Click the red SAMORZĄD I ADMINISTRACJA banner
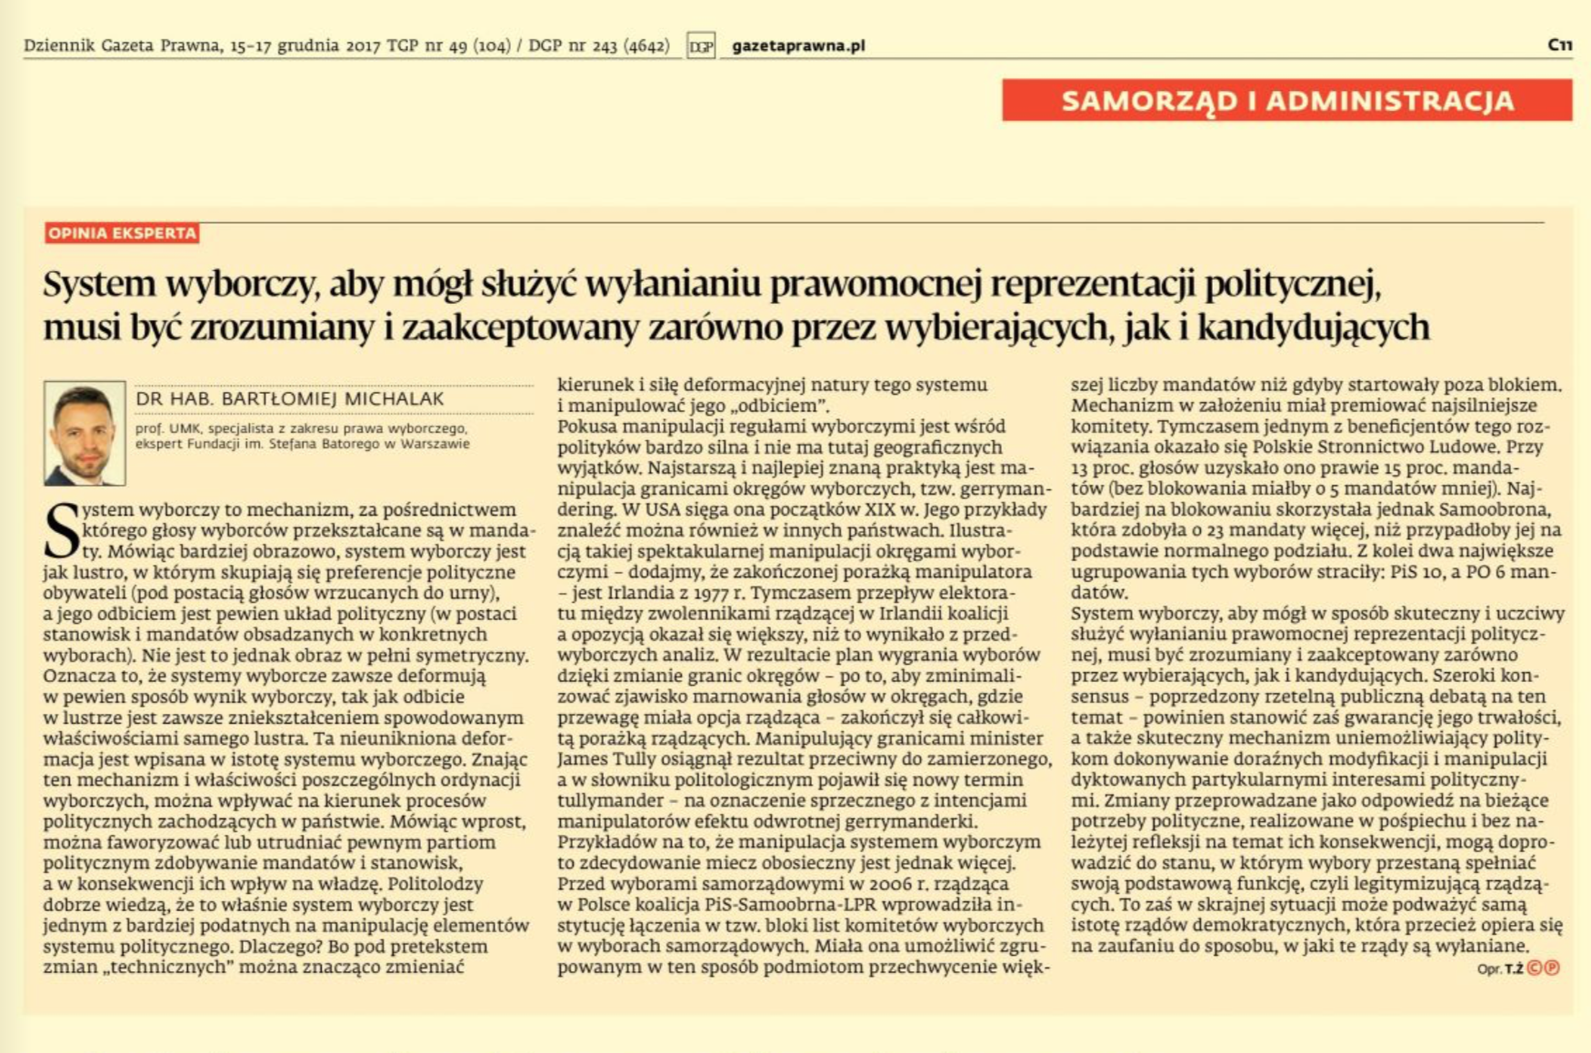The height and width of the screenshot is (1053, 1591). point(1286,100)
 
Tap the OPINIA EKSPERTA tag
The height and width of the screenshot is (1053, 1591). point(122,234)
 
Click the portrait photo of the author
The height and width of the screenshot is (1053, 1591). point(85,433)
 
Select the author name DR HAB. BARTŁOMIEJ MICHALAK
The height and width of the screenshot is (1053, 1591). point(290,399)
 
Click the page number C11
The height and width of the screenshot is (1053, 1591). point(1559,45)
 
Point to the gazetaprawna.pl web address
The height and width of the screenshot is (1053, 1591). point(798,45)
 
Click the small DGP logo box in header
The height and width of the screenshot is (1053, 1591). point(701,45)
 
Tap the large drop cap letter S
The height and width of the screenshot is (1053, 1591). point(62,531)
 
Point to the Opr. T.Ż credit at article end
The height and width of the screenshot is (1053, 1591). point(1499,968)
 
